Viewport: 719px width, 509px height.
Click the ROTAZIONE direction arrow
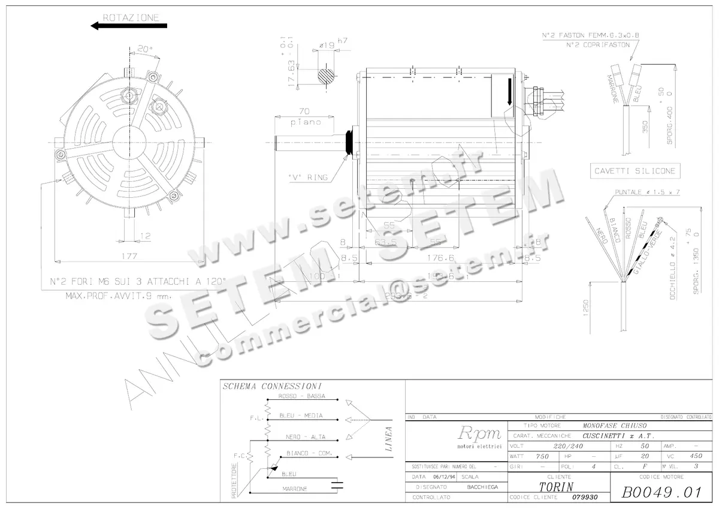point(128,26)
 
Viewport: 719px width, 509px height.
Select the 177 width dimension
point(129,255)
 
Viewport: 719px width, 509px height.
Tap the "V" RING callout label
point(308,177)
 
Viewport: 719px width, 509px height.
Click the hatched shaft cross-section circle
point(327,76)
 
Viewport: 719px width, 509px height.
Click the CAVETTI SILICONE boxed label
point(635,171)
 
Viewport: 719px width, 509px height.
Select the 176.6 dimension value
point(441,258)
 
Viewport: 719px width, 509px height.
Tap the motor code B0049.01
point(661,493)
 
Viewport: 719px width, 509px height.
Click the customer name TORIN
point(556,486)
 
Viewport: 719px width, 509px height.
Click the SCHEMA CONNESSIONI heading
point(272,386)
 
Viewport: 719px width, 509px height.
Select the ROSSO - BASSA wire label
point(302,397)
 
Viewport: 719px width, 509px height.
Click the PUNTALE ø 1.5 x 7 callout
point(647,192)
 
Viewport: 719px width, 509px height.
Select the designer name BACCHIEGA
point(483,487)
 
